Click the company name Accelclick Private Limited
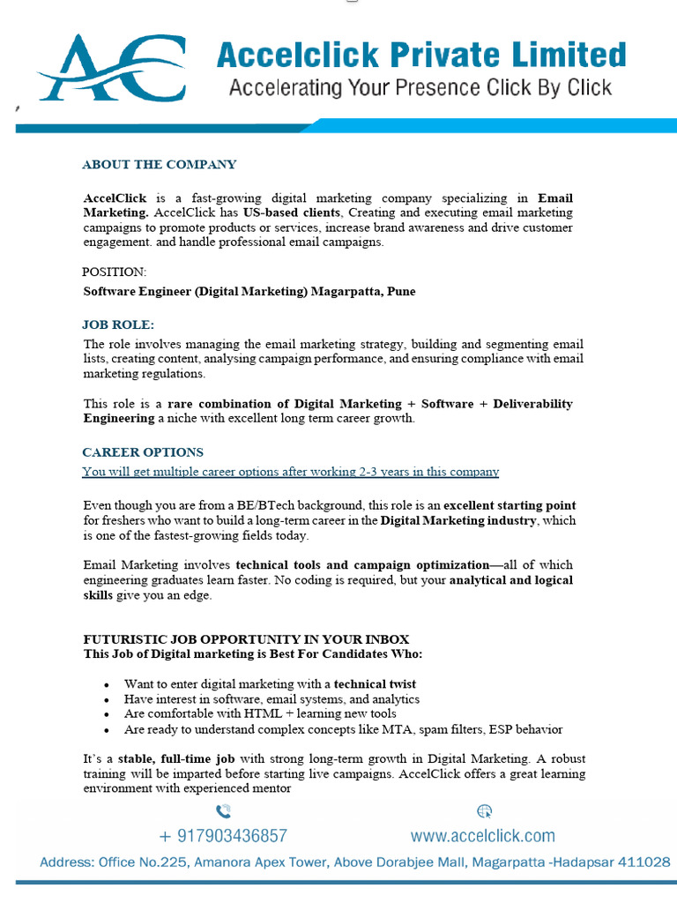(x=421, y=56)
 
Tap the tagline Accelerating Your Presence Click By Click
(x=420, y=88)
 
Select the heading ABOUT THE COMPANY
(x=159, y=164)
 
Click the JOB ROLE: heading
(x=118, y=325)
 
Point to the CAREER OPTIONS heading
(x=143, y=452)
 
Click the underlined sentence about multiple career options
(x=290, y=472)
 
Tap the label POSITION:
(x=115, y=272)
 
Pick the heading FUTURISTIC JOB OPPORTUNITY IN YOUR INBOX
(x=246, y=639)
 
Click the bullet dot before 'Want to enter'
(x=107, y=684)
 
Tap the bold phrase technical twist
(x=375, y=684)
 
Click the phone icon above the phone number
(x=223, y=811)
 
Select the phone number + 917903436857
(x=223, y=836)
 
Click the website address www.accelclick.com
(x=483, y=836)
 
